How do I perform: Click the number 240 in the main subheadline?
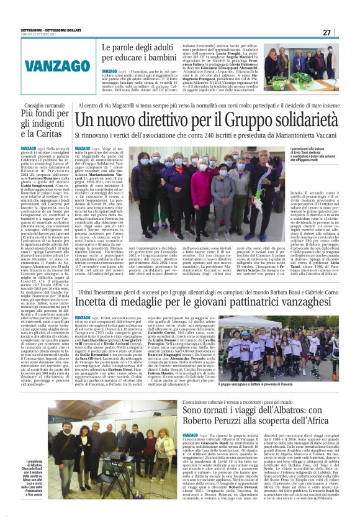tap(202, 134)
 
